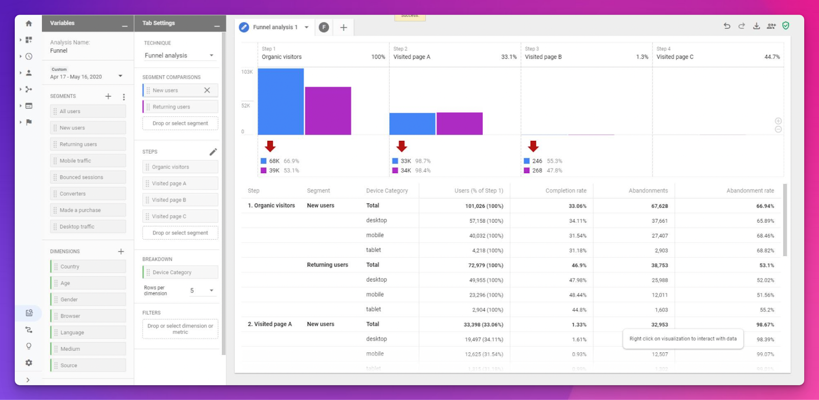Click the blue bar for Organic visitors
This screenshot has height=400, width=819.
coord(281,101)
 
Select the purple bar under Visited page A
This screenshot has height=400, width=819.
coord(459,123)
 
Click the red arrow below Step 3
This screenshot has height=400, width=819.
coord(533,146)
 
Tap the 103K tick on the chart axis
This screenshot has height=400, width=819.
coord(247,72)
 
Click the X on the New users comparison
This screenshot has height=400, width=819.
coord(207,90)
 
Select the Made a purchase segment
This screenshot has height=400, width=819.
coord(88,210)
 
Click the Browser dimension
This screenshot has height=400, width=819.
coord(88,316)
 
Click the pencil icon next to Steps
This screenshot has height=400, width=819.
coord(213,152)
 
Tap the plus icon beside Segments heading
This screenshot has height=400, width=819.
coord(108,96)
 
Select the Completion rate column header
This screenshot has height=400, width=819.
coord(566,191)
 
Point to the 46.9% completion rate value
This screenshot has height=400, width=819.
coord(579,265)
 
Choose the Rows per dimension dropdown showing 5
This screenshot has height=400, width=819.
coord(202,290)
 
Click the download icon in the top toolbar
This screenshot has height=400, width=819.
coord(756,26)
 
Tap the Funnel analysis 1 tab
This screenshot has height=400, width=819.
coord(275,27)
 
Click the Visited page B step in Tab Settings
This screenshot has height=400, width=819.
coord(180,200)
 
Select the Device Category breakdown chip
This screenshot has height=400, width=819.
coord(180,272)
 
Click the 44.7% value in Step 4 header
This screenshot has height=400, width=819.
coord(772,57)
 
